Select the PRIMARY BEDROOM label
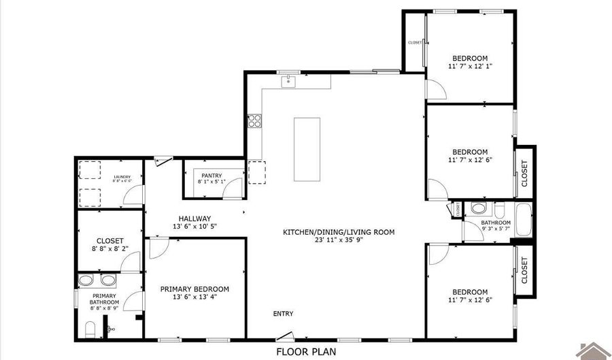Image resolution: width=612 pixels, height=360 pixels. click(x=194, y=289)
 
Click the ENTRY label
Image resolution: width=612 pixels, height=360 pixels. click(x=284, y=314)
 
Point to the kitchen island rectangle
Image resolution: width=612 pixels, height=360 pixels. click(x=307, y=149)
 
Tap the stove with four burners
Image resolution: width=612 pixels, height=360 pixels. click(x=256, y=122)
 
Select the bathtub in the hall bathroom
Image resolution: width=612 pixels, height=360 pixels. click(x=522, y=220)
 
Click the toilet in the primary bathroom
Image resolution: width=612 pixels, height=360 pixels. click(x=90, y=330)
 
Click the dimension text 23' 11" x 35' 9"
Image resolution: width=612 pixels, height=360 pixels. click(x=338, y=240)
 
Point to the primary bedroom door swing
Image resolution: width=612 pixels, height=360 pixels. click(x=156, y=249)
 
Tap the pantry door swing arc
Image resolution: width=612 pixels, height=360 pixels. click(x=235, y=187)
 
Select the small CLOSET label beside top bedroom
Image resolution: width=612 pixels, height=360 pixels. click(x=415, y=42)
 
